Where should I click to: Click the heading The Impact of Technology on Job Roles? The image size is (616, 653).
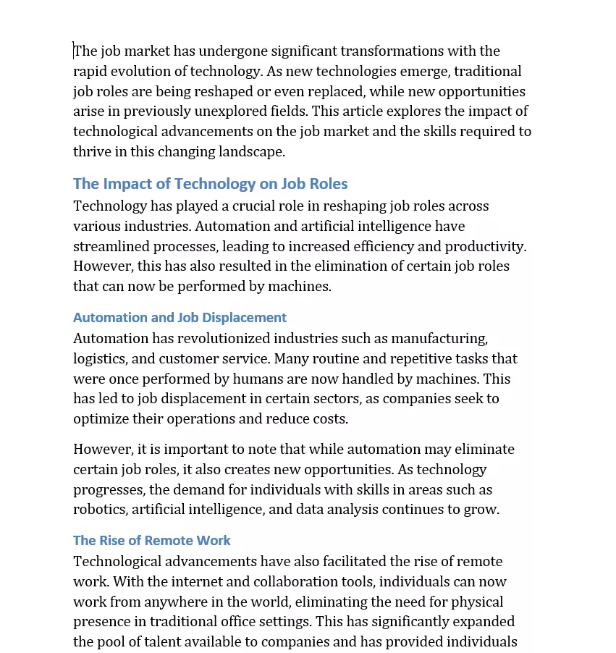[x=210, y=184]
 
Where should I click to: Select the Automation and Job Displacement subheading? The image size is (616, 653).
[x=180, y=317]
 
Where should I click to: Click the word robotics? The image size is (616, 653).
[x=101, y=510]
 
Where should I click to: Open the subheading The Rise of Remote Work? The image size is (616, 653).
[x=151, y=540]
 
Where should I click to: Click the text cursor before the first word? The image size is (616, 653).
[x=74, y=51]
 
